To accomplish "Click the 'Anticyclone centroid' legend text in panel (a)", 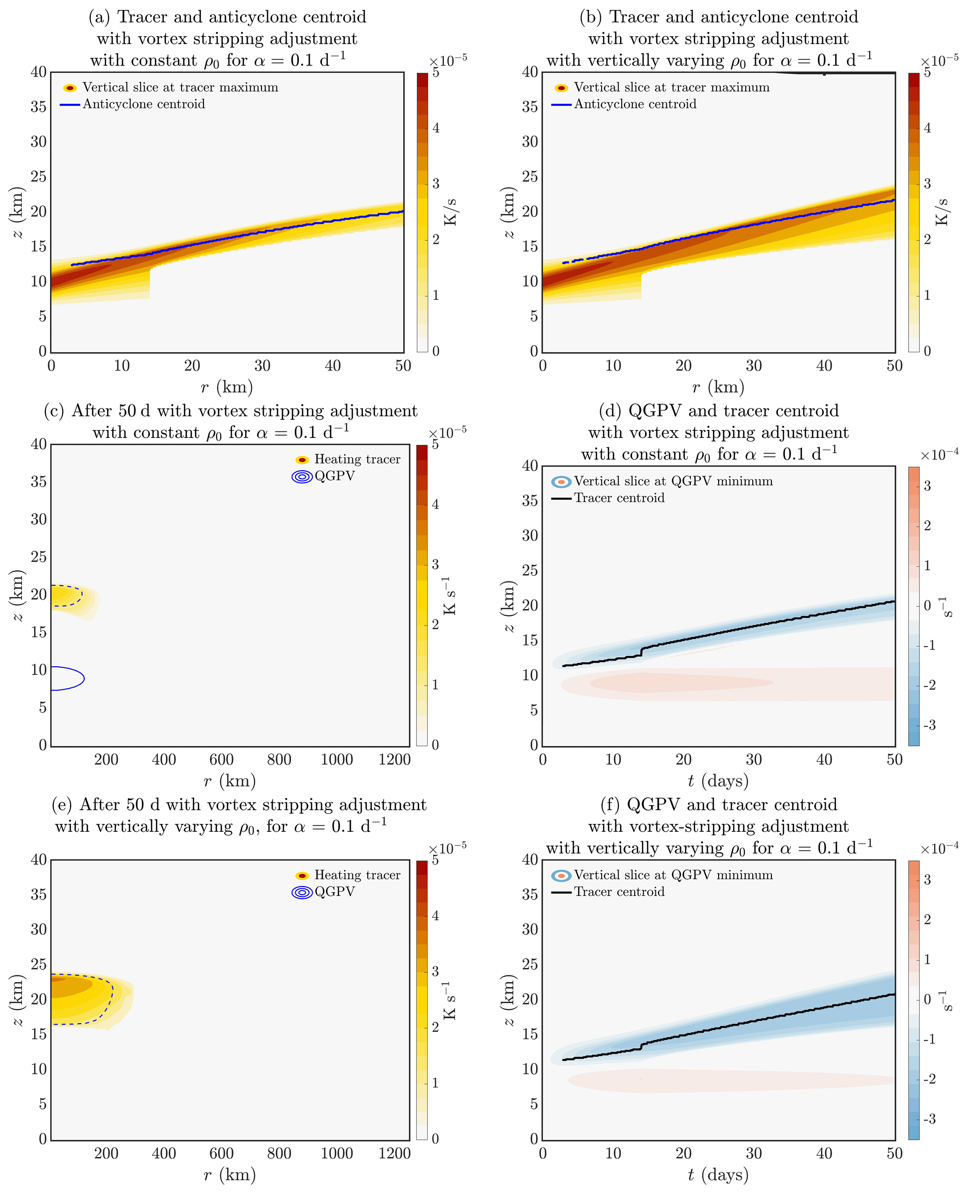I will click(x=144, y=104).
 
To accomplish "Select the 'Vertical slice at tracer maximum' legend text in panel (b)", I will click(x=671, y=87).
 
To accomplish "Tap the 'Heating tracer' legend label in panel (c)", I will click(x=357, y=459).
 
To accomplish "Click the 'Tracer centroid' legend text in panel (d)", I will click(x=619, y=498).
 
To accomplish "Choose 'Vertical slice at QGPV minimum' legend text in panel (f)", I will click(x=673, y=874).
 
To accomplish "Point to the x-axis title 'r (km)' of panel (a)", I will click(x=227, y=386).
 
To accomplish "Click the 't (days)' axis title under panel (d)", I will click(x=718, y=780).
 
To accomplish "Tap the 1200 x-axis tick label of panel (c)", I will click(x=394, y=759).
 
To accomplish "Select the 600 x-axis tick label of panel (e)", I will click(x=221, y=1153).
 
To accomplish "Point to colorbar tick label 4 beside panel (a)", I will click(x=436, y=128).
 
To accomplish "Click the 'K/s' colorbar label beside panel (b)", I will click(x=941, y=211).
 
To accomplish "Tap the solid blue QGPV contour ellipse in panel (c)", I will click(x=84, y=678).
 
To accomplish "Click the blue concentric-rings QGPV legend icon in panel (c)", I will click(x=302, y=477).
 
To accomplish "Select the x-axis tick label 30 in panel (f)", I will click(x=753, y=1153).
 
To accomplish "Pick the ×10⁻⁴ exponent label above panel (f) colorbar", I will click(x=939, y=848).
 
